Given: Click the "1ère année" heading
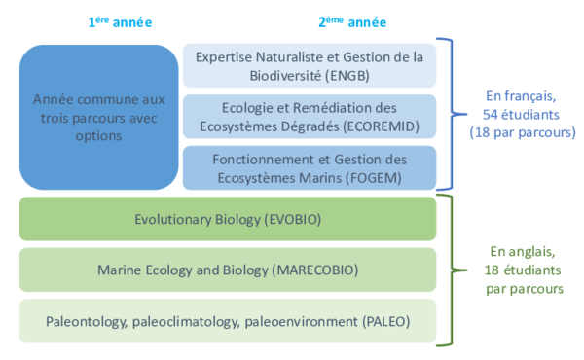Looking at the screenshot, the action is point(120,22).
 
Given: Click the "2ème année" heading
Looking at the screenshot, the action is point(352,22).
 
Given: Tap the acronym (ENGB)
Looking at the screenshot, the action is point(347,76).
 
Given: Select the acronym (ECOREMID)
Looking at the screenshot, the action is point(382,126).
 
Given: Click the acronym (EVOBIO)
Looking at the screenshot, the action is point(293,219).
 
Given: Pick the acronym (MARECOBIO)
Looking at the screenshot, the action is point(315,270).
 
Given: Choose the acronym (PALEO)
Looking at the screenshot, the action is point(386,321).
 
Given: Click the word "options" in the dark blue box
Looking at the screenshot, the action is point(98,136).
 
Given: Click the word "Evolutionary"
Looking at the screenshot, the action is point(173,220).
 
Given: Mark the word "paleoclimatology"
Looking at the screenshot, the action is point(186,322).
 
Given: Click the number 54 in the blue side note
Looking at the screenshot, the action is point(491,114).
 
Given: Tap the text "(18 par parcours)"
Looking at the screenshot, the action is point(523,132).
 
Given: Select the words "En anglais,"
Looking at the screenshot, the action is point(523,252).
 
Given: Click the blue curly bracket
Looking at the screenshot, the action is point(452,114).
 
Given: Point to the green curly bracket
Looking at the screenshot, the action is point(452,270).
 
